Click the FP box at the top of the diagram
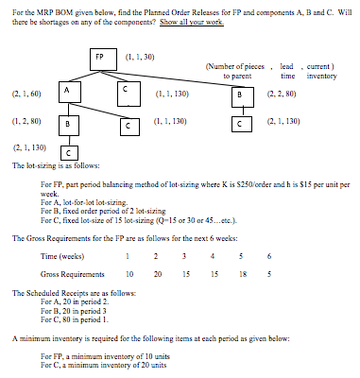(x=100, y=57)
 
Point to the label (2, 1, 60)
(x=25, y=95)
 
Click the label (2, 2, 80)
(x=282, y=95)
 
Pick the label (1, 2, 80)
(x=25, y=122)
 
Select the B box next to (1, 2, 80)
(x=68, y=124)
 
